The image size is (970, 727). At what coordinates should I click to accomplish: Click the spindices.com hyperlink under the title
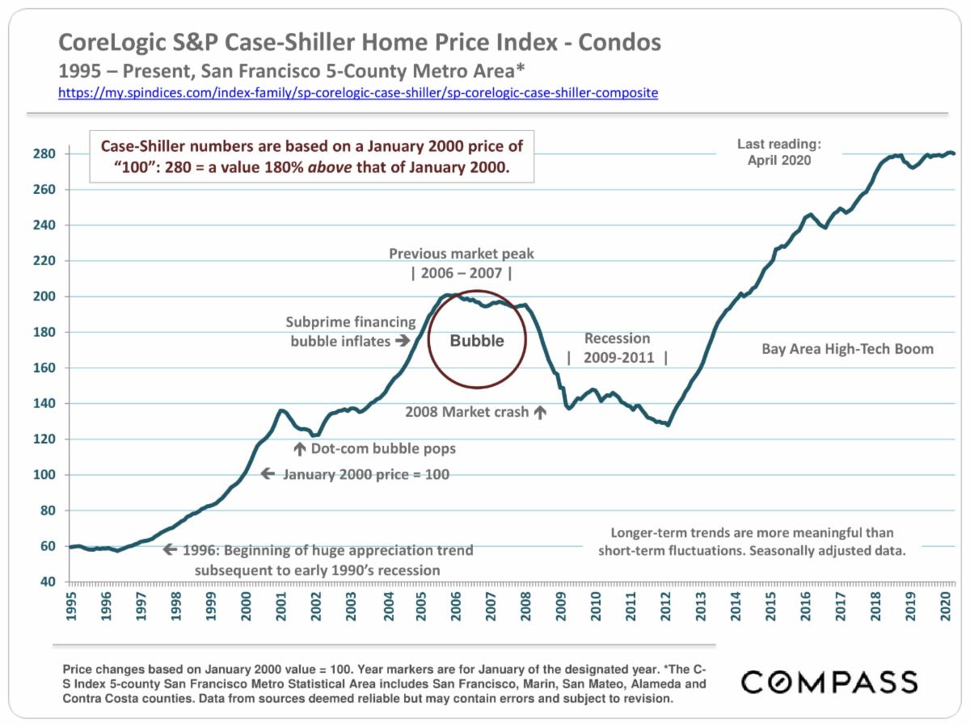pyautogui.click(x=358, y=93)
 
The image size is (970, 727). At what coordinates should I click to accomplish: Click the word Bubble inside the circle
pyautogui.click(x=477, y=341)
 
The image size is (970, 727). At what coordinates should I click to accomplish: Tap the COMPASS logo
pyautogui.click(x=829, y=682)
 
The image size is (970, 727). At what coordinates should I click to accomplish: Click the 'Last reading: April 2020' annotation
pyautogui.click(x=778, y=152)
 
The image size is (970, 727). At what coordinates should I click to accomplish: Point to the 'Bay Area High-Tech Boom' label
pyautogui.click(x=847, y=349)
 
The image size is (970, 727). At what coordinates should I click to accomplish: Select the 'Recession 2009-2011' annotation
pyautogui.click(x=618, y=348)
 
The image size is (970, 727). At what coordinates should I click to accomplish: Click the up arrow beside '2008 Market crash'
pyautogui.click(x=540, y=413)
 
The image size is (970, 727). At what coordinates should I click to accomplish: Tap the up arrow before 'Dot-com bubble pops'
pyautogui.click(x=299, y=448)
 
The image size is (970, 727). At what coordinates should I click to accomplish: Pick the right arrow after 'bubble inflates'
pyautogui.click(x=403, y=341)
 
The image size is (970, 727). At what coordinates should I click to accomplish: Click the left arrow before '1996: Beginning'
pyautogui.click(x=170, y=550)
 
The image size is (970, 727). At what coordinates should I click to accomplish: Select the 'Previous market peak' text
pyautogui.click(x=462, y=254)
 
